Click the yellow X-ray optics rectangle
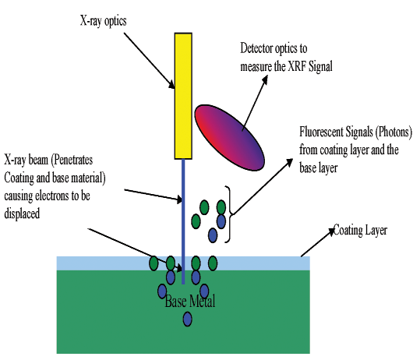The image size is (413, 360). point(183,96)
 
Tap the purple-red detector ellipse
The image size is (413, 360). point(229,138)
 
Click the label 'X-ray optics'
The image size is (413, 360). point(103,21)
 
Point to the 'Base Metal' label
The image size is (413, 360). point(190,302)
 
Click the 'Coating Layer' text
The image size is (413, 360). point(360,231)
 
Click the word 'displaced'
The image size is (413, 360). point(22,214)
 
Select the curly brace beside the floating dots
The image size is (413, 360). point(228,214)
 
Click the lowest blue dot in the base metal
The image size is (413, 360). point(188,319)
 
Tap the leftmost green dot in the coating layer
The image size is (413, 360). point(154,263)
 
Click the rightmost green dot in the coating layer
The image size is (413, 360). point(213,263)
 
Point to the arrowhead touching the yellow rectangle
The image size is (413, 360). point(171,84)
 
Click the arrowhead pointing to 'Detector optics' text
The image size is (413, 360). point(265,79)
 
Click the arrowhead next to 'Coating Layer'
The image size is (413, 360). point(331,231)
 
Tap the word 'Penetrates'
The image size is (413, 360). point(72,160)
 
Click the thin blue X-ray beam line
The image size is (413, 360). point(183,221)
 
